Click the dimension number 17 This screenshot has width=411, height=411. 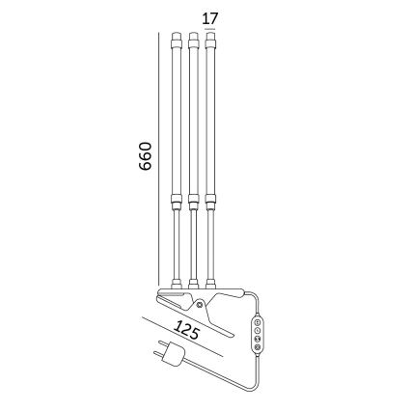(211, 17)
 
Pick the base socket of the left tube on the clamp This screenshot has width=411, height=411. (177, 283)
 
